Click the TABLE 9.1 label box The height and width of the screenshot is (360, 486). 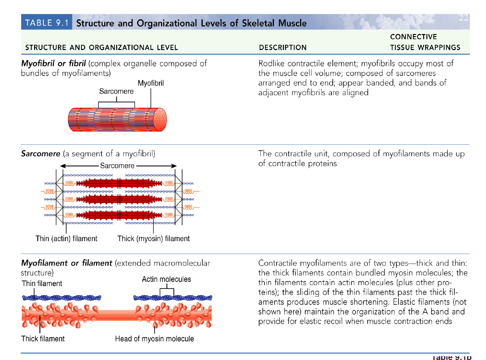tap(46, 22)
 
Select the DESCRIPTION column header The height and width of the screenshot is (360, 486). tap(282, 47)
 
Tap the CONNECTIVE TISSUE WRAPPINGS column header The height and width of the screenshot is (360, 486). tap(425, 42)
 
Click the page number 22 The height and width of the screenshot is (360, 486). tap(464, 17)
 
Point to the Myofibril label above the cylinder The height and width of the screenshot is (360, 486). tap(150, 83)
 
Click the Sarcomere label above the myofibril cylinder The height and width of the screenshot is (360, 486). tap(116, 91)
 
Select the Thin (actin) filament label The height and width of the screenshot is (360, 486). tap(66, 239)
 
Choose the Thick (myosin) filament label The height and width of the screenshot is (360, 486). tap(153, 239)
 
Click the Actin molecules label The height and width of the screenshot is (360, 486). tap(166, 279)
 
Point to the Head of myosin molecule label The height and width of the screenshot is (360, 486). tap(154, 339)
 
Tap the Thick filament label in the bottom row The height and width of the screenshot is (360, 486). tap(43, 339)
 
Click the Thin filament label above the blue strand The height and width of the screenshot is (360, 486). tap(42, 284)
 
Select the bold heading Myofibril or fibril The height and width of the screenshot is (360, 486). tap(53, 64)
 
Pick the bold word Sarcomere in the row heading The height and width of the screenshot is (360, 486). tap(40, 154)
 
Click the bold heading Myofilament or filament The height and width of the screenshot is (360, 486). tap(66, 263)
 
